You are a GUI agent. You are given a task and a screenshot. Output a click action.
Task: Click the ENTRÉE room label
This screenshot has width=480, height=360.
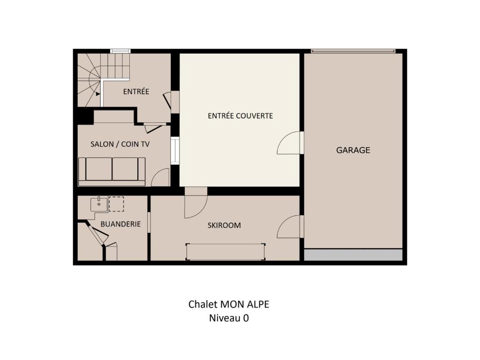pos(136,91)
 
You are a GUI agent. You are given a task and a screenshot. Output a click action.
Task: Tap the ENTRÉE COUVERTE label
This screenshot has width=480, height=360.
pos(240,116)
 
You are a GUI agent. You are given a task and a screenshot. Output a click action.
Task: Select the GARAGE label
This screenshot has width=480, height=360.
pos(353,150)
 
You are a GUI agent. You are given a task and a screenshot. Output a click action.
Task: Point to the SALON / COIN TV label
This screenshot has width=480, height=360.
pos(120,144)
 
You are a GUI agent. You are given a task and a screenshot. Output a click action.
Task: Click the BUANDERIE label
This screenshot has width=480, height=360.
pos(120,224)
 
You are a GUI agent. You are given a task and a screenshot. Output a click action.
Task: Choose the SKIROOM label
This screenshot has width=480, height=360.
pos(224,225)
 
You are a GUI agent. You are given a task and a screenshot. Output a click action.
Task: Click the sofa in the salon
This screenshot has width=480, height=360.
pos(112,172)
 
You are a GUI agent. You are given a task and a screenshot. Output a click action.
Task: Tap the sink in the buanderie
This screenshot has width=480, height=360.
pos(99,204)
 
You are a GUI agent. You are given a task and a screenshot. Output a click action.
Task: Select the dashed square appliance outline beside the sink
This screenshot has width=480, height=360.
pos(116,204)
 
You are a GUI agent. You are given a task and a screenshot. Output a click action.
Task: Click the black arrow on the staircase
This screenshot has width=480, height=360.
pos(97,94)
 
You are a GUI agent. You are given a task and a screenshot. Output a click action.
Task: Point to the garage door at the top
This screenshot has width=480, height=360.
pos(353,51)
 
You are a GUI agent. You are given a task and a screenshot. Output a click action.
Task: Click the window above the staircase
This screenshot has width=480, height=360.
pos(120,51)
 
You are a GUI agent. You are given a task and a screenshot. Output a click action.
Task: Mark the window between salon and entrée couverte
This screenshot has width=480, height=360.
pos(175,151)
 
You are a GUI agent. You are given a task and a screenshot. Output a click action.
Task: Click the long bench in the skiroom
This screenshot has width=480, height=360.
pos(225,252)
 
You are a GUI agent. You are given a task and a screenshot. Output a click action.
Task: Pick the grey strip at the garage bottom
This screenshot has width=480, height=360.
pos(353,255)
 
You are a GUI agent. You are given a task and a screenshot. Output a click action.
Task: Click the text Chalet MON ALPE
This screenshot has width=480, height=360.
pos(229,304)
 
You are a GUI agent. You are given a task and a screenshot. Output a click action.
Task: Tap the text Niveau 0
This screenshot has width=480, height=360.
pos(229,318)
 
